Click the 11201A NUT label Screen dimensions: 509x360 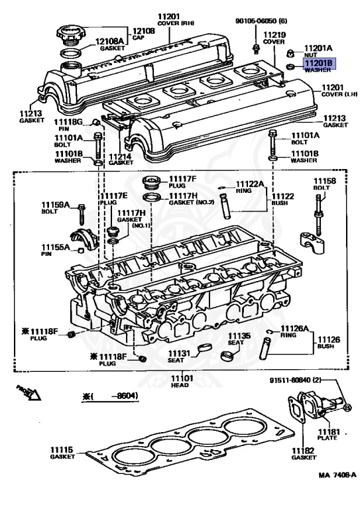318,52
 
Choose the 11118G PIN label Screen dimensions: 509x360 68,125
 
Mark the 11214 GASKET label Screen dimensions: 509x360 121,158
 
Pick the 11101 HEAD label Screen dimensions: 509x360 182,381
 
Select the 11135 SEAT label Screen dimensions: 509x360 239,339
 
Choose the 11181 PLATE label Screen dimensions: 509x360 328,435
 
